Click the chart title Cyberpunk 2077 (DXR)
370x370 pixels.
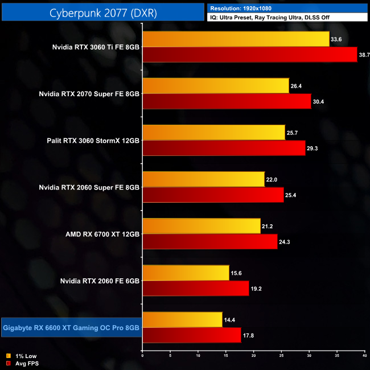pyautogui.click(x=102, y=11)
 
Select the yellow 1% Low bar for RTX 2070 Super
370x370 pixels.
pyautogui.click(x=216, y=85)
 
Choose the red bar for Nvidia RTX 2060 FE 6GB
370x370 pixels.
pyautogui.click(x=196, y=289)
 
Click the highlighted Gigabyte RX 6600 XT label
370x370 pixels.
pyautogui.click(x=71, y=327)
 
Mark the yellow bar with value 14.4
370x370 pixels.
pyautogui.click(x=182, y=319)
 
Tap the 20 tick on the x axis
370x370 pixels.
pyautogui.click(x=253, y=356)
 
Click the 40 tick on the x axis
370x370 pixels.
pyautogui.click(x=364, y=356)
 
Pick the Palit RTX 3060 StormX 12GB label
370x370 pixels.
pyautogui.click(x=93, y=140)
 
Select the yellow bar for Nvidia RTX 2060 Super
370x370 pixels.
pyautogui.click(x=203, y=179)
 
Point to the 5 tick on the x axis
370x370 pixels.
pyautogui.click(x=170, y=356)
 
